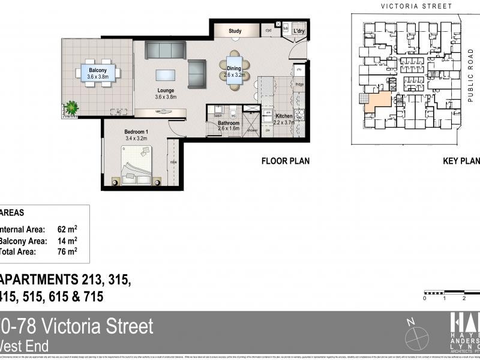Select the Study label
(235, 31)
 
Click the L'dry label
(299, 31)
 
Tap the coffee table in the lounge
(166, 74)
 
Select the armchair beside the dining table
(197, 74)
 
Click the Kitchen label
(284, 116)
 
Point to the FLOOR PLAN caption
(285, 161)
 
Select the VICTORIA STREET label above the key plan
(416, 6)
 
